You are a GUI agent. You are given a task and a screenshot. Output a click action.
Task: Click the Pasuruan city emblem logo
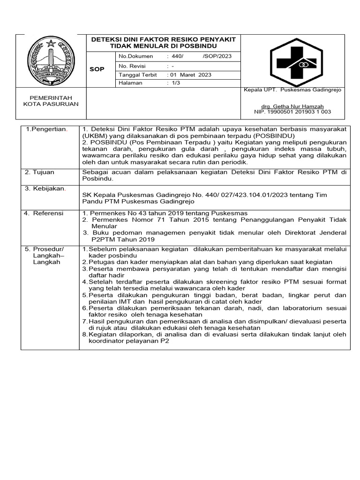click(52, 60)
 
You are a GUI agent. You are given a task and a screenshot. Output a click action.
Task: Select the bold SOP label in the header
click(97, 69)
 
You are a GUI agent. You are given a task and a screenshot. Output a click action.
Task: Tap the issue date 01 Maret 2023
click(191, 75)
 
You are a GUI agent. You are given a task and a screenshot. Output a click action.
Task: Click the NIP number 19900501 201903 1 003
click(292, 112)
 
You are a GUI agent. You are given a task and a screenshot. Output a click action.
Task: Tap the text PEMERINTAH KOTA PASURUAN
click(51, 100)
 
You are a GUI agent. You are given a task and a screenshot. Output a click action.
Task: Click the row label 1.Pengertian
click(46, 128)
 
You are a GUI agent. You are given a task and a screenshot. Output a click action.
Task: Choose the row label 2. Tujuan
click(41, 172)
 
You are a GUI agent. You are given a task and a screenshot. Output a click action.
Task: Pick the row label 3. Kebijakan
click(45, 188)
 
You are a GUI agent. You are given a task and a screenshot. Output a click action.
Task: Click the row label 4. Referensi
click(44, 213)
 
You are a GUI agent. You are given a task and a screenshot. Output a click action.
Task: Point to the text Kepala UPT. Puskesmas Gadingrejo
click(293, 90)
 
